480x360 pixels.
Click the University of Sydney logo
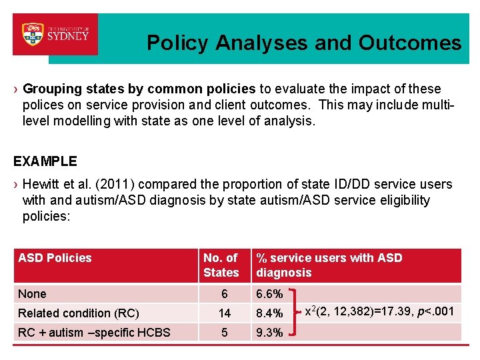coord(55,33)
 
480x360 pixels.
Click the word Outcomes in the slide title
coord(409,43)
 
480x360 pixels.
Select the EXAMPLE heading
coord(45,161)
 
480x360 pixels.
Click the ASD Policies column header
coord(55,258)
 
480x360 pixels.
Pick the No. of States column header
coord(221,265)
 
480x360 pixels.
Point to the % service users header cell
coord(329,265)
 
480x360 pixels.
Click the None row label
coord(32,294)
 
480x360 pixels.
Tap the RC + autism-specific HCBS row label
coord(94,333)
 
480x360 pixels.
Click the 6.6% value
coord(269,294)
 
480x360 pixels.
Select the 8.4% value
coord(269,313)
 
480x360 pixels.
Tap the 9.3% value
coord(269,333)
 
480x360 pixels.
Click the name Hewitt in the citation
coord(41,185)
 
